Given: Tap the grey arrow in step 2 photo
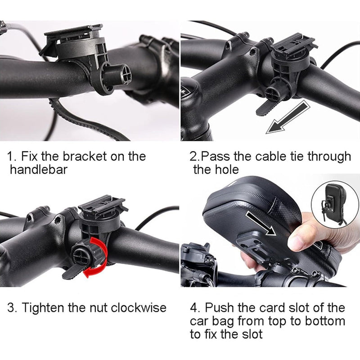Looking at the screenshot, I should click(x=288, y=118).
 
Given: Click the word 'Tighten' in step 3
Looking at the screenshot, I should click(x=44, y=308).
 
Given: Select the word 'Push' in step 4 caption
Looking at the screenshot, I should click(x=219, y=308).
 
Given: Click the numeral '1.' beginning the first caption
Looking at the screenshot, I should click(x=12, y=157).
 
